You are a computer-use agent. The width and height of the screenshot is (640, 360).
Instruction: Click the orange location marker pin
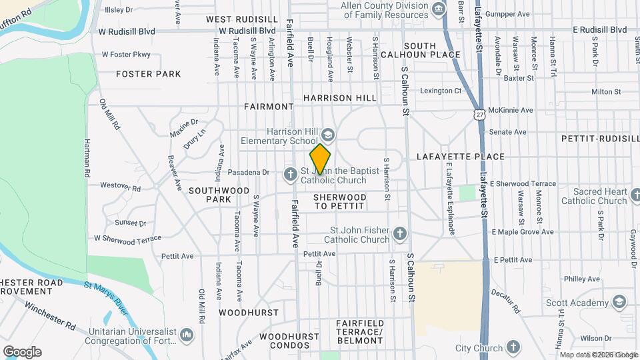click(x=320, y=159)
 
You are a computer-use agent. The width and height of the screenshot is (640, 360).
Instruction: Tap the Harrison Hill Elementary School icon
click(x=327, y=132)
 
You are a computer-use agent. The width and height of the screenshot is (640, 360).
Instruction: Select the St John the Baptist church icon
click(x=290, y=175)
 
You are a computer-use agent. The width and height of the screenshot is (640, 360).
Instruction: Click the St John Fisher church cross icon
click(x=399, y=233)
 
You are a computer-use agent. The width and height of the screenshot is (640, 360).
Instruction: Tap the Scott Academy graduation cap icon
click(x=619, y=302)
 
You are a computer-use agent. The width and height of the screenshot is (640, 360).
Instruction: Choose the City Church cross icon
click(x=513, y=347)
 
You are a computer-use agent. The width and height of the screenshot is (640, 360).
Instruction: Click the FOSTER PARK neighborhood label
click(x=148, y=74)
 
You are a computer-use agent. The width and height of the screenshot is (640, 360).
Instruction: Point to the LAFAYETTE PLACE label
click(x=460, y=157)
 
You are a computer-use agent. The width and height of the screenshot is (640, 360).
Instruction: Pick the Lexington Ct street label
click(x=440, y=91)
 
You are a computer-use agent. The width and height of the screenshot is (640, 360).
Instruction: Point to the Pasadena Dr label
click(x=248, y=172)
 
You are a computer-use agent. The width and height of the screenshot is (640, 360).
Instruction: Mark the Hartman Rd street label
click(x=87, y=157)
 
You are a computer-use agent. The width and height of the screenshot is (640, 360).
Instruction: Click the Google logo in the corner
click(x=22, y=351)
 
